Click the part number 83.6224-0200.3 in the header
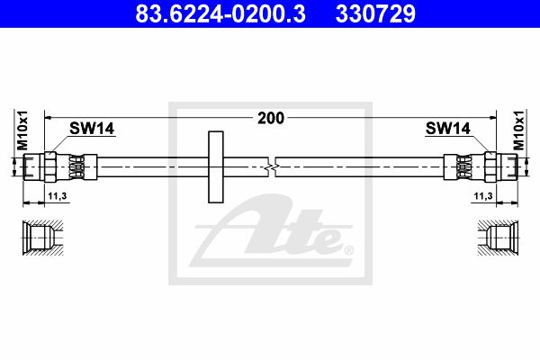click(220, 13)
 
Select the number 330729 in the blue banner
click(375, 13)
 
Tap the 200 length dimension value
click(271, 118)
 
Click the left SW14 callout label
click(92, 129)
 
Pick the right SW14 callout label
click(447, 129)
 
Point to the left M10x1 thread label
click(22, 130)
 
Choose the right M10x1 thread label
click(518, 130)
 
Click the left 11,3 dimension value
click(58, 196)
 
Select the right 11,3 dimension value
click(483, 196)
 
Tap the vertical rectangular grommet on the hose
click(216, 166)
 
